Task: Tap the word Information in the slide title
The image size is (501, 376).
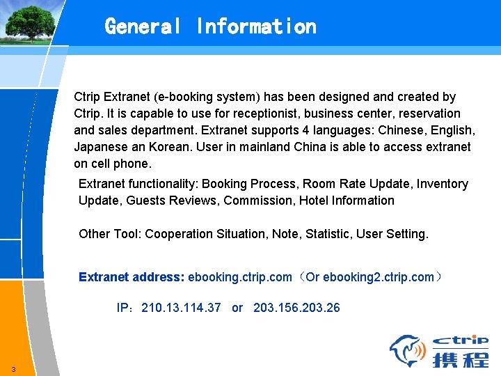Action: point(256,26)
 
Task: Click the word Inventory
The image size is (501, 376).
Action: point(443,184)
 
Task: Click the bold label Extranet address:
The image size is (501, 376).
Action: point(132,277)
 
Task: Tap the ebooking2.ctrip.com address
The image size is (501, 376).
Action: point(379,277)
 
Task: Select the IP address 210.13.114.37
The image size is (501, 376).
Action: point(181,308)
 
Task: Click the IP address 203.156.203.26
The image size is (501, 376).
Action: point(297,308)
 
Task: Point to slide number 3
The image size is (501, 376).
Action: point(13,369)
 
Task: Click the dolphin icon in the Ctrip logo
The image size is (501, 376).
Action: point(407,350)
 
